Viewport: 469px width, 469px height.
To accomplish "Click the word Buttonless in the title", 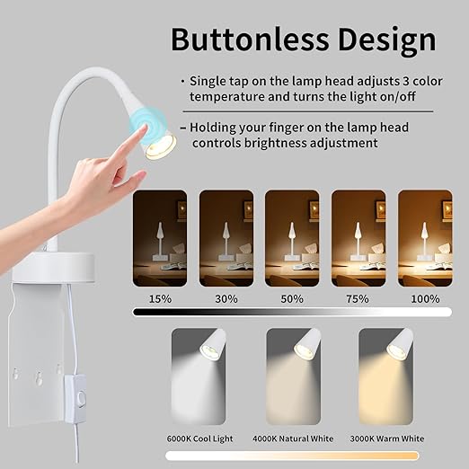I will tap(248, 40).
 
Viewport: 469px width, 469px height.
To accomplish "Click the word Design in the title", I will tap(386, 40).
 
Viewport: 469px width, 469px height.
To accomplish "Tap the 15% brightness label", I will tap(160, 298).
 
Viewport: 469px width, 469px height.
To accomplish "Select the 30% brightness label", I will tap(226, 298).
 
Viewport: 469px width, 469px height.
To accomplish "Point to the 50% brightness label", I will tap(292, 298).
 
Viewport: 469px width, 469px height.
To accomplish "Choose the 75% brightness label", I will tap(358, 298).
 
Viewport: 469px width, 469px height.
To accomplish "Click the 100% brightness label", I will tap(425, 298).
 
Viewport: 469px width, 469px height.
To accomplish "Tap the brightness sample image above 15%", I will tap(160, 238).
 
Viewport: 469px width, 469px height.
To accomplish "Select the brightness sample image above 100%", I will tap(425, 238).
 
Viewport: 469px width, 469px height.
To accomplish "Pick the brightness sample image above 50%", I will tap(292, 238).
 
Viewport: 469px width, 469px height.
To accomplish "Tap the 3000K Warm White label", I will tap(386, 438).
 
